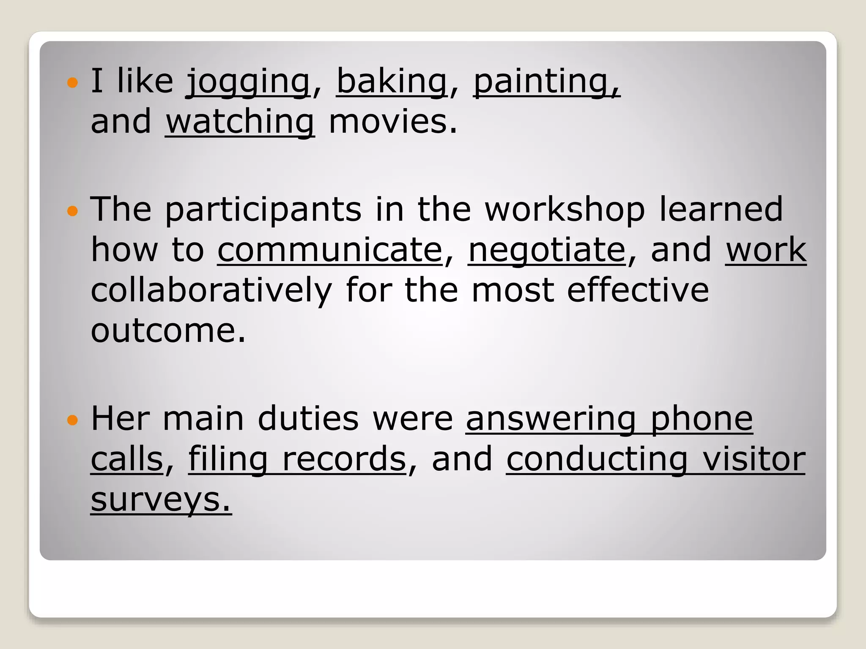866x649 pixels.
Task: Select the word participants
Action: click(263, 210)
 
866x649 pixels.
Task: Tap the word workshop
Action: click(565, 210)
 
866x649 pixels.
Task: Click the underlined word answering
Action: click(551, 419)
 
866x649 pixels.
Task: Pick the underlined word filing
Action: click(228, 459)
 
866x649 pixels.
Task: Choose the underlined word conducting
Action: click(597, 459)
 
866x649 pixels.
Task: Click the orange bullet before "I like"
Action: click(73, 82)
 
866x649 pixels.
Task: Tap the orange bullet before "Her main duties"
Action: click(73, 420)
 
